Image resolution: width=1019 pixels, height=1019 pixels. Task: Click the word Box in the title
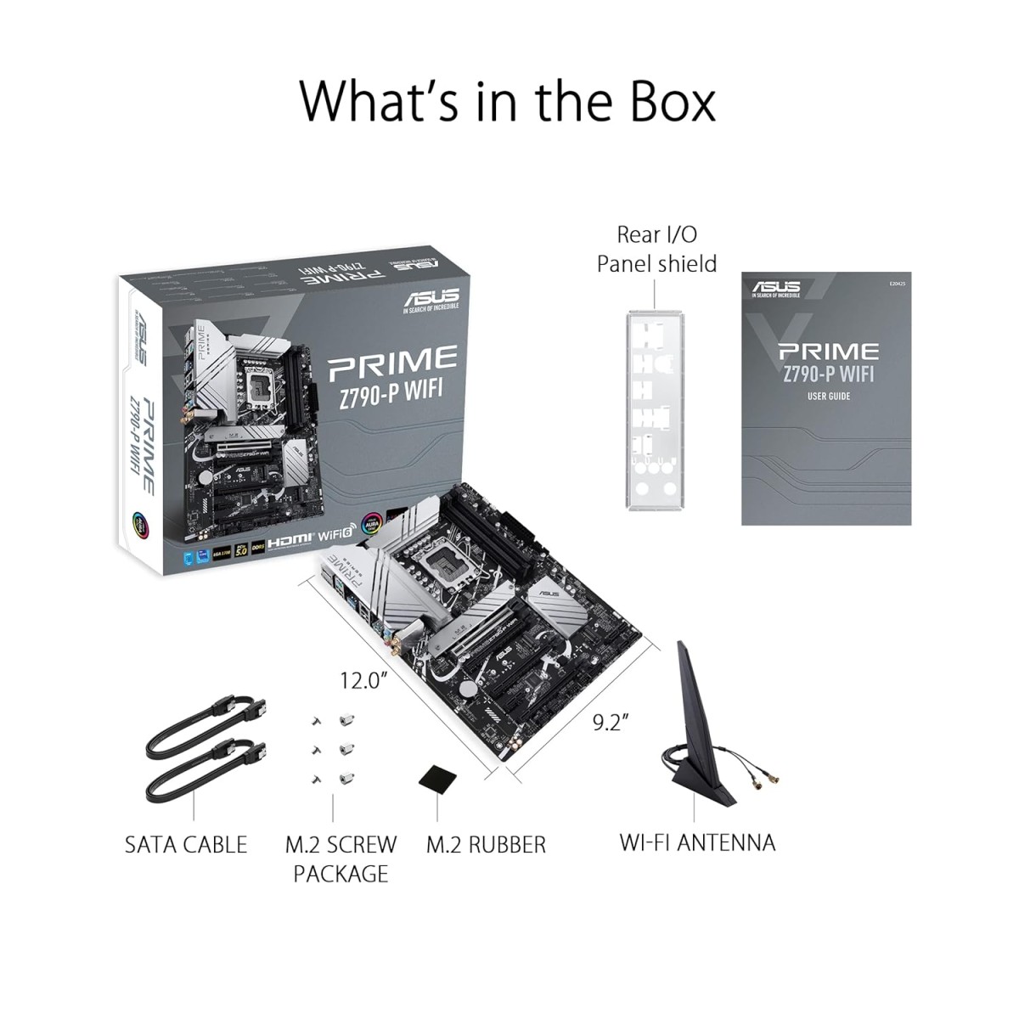point(671,102)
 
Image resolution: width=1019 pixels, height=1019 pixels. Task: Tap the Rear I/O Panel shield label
point(656,249)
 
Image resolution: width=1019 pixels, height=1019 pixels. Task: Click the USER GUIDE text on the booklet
point(828,397)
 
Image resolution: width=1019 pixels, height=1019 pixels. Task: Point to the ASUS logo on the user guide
point(775,288)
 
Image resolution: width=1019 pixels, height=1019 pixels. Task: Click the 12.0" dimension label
point(363,680)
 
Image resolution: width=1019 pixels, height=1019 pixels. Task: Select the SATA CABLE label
point(185,845)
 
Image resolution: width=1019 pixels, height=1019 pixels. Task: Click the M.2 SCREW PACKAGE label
point(341,859)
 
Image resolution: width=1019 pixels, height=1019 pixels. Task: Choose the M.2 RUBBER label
point(486,845)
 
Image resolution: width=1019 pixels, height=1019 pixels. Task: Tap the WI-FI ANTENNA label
point(697,842)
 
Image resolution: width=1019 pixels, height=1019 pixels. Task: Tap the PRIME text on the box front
point(392,362)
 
